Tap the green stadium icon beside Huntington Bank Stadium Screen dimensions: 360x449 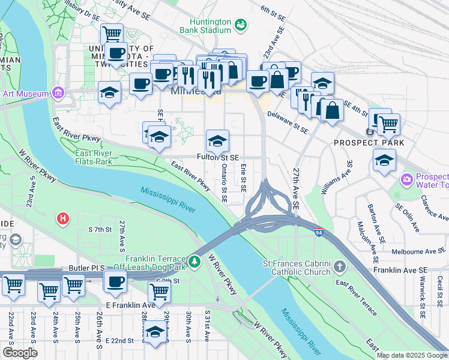pos(241,25)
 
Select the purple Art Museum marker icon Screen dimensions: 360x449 pos(58,93)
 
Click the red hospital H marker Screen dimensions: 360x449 pos(61,220)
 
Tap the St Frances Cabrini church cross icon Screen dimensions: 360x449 pos(340,265)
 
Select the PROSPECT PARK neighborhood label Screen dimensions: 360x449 pos(369,143)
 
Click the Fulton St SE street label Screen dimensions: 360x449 pos(218,158)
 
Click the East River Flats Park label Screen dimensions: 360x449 pos(94,157)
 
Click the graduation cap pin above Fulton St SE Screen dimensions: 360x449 pos(217,142)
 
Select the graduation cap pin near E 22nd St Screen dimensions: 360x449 pos(155,332)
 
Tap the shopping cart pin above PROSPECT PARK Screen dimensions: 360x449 pos(388,124)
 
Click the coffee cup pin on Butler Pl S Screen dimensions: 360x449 pos(115,281)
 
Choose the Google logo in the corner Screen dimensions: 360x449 pos(20,352)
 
